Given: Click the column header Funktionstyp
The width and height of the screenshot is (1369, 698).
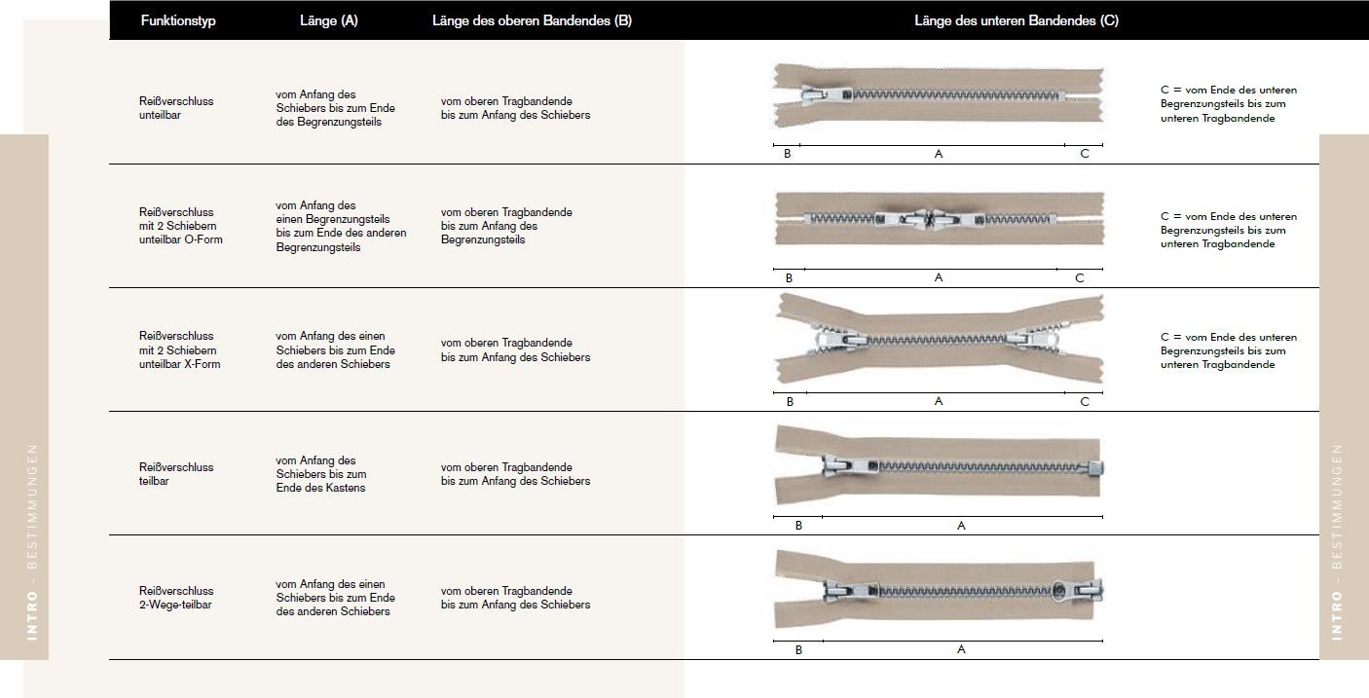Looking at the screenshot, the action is [178, 20].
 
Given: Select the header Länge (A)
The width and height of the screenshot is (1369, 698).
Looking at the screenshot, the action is [329, 20].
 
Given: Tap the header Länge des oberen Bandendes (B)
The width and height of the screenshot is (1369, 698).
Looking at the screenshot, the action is [532, 20].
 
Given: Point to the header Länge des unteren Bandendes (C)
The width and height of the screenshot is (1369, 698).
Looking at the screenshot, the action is [1017, 20].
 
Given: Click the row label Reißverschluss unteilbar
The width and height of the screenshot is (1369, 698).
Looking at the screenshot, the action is [176, 108].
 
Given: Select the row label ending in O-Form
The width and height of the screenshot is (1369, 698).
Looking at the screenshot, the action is [180, 226].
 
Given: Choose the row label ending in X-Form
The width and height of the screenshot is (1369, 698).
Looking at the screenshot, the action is [179, 349].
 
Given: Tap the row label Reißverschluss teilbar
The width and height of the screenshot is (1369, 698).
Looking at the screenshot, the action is [176, 474].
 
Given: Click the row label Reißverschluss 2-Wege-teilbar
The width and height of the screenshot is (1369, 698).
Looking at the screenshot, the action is [176, 597].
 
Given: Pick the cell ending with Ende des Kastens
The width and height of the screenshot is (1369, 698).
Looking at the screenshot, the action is [321, 474].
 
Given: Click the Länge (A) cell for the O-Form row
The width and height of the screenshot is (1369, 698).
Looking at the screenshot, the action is [341, 226].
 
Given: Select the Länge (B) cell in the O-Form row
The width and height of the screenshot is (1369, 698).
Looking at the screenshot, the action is [506, 226].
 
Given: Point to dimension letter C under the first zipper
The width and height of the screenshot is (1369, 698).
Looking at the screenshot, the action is [1085, 154].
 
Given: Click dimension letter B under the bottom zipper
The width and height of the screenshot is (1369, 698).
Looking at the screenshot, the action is [798, 649].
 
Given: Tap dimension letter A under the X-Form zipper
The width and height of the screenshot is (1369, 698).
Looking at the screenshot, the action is [938, 401].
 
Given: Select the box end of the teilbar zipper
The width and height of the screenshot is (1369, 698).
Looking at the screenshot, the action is [1094, 469].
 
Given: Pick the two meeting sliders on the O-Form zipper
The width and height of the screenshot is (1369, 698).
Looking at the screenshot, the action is [929, 219].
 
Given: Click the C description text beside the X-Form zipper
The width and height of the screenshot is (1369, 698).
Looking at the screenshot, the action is [1229, 350].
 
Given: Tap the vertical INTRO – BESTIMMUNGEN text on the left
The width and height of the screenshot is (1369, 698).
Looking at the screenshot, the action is [32, 542].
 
